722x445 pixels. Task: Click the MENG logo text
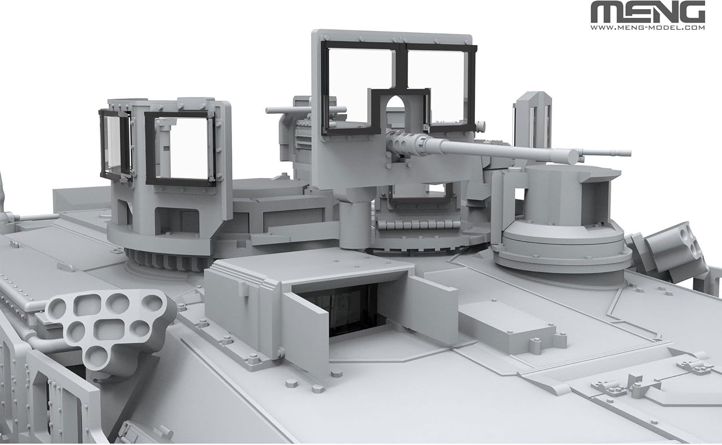[648, 12]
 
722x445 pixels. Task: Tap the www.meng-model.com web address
[648, 28]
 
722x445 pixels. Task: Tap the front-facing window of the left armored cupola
[181, 148]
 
